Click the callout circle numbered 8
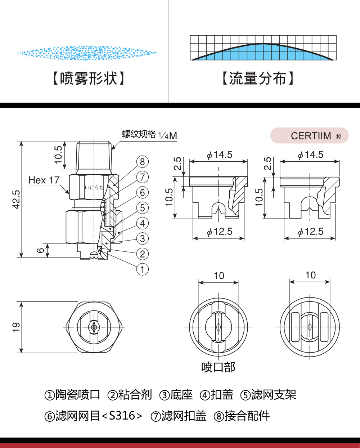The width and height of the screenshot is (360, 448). [x=143, y=162]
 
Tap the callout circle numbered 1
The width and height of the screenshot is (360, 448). [x=143, y=269]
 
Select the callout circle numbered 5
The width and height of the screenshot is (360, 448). [x=143, y=208]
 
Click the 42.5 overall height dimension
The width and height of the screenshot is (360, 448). [x=16, y=199]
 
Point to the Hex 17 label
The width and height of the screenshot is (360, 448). [x=44, y=180]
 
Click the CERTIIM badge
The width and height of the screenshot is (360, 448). [x=310, y=136]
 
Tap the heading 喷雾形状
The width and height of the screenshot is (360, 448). [x=89, y=78]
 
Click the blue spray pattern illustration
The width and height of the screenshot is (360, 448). [x=87, y=53]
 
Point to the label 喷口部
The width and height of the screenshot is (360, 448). [x=218, y=367]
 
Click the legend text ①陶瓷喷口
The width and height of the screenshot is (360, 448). [x=72, y=395]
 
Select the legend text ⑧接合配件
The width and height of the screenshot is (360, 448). [x=242, y=416]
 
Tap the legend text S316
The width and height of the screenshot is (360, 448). [x=122, y=416]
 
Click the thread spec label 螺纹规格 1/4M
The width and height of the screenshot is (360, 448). [x=149, y=135]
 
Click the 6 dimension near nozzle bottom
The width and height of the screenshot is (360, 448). [x=41, y=250]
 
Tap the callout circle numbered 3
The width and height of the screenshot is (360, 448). [x=143, y=238]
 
